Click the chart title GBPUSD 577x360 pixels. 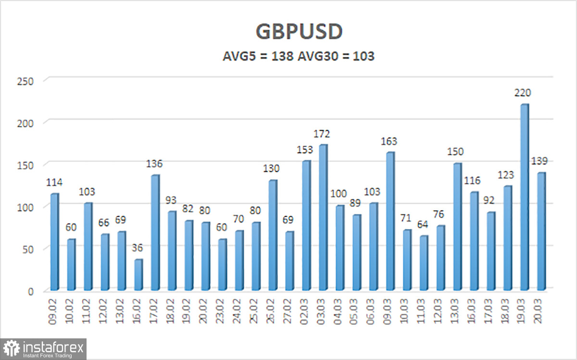coord(299,32)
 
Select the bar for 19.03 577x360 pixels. coord(524,197)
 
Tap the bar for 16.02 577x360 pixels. coord(138,275)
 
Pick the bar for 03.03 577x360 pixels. coord(323,217)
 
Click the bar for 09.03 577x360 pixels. coord(390,221)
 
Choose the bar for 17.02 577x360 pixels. coord(155,233)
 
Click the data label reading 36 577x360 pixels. coord(138,248)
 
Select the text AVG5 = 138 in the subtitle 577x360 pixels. coord(258,56)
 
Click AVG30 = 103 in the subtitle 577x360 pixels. coord(336,56)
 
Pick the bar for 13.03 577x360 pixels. coord(457,226)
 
